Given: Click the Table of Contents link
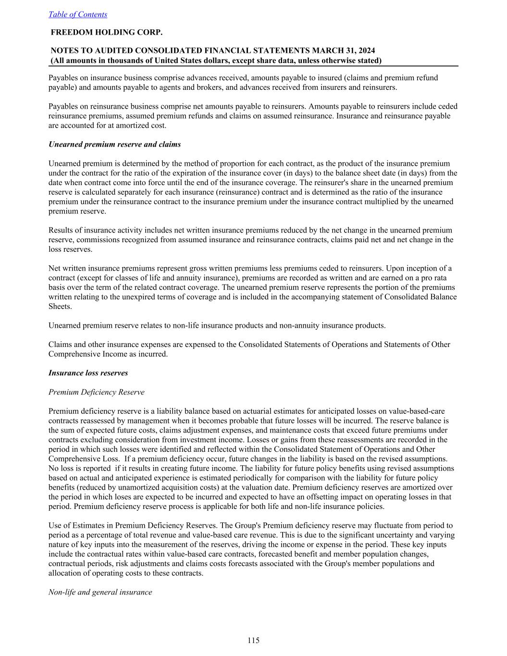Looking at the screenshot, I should point(78,14).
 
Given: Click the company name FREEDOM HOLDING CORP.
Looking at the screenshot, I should point(107,33).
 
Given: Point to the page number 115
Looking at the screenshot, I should point(254,640).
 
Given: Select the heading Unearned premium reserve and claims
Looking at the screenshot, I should point(115,144).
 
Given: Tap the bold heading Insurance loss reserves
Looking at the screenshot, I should point(88,373).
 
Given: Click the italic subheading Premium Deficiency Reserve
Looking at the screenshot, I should point(97,392).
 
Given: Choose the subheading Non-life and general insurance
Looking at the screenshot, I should point(100,592).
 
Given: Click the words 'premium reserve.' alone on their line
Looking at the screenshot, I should point(77,211).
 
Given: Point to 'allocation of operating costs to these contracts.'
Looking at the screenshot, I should point(126,573).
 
